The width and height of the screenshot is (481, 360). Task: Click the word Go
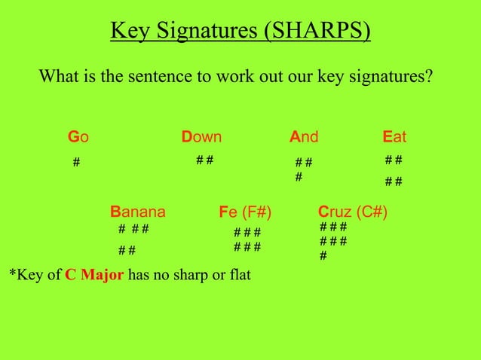[x=78, y=137]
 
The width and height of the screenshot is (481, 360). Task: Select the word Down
[x=201, y=137]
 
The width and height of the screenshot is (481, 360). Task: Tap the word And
[x=304, y=137]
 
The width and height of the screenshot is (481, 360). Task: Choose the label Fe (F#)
[x=245, y=211]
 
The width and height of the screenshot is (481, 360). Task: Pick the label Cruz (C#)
[x=353, y=211]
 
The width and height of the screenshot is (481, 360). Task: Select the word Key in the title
[x=127, y=32]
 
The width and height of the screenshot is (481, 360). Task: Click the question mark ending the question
[x=429, y=77]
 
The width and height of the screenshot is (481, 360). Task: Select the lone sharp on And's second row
[x=299, y=178]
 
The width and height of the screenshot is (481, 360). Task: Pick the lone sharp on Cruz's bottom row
[x=323, y=256]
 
